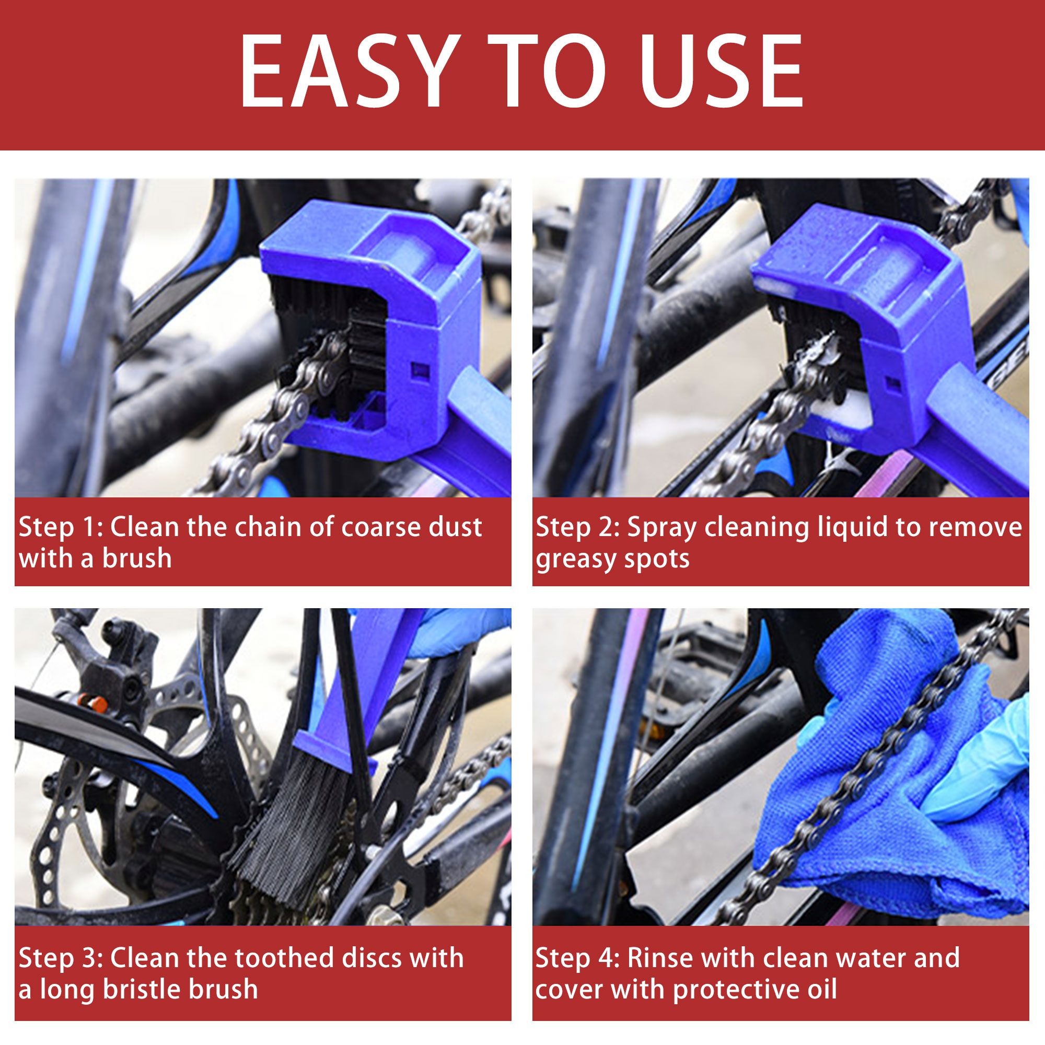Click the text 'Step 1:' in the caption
pyautogui.click(x=61, y=527)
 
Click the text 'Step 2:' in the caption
pyautogui.click(x=578, y=527)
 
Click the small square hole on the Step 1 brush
pyautogui.click(x=420, y=371)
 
